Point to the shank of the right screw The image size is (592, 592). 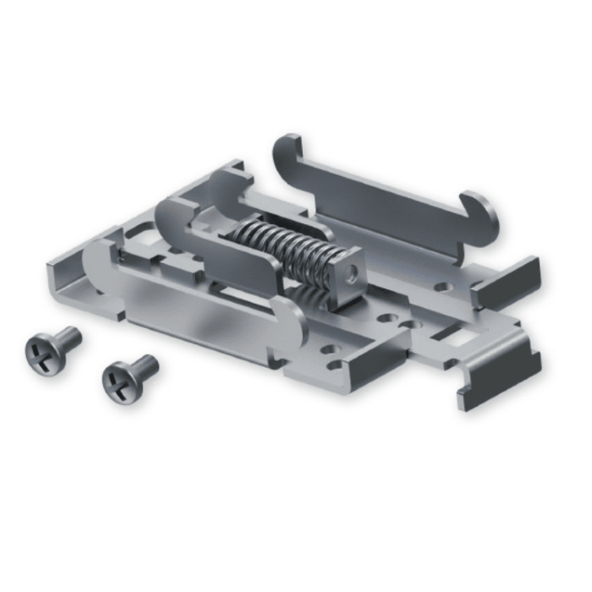tap(145, 365)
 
